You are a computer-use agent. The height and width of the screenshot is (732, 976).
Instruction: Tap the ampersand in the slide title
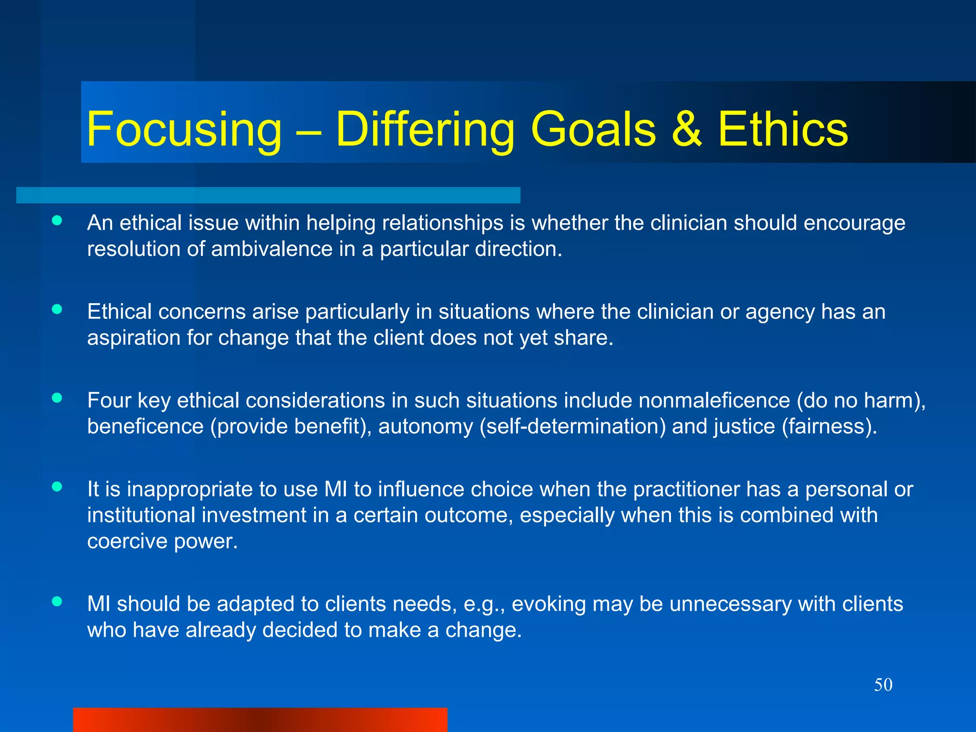(x=686, y=129)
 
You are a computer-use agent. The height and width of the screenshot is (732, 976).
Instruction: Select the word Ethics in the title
(x=783, y=129)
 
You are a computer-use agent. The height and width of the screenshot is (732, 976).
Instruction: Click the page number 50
(x=883, y=685)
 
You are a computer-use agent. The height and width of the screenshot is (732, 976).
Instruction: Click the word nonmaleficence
(x=714, y=400)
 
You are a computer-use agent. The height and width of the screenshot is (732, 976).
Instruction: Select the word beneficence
(x=145, y=426)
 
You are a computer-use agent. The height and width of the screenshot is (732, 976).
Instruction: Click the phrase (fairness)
(x=829, y=426)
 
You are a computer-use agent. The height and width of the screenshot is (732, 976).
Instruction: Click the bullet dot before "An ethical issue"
(x=57, y=220)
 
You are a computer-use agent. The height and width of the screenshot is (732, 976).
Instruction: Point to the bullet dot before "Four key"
(x=57, y=398)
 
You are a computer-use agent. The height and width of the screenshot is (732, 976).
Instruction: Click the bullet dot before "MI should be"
(x=57, y=601)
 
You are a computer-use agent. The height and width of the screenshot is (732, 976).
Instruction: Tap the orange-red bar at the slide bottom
(x=260, y=720)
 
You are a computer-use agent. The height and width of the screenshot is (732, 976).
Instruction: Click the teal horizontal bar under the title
(x=268, y=195)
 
